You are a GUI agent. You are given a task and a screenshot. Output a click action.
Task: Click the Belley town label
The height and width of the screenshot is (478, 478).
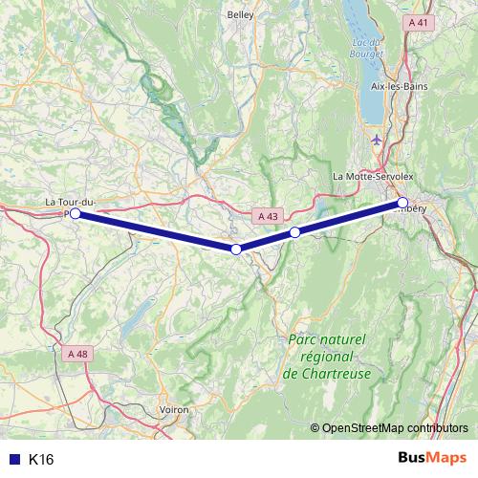[x=240, y=14]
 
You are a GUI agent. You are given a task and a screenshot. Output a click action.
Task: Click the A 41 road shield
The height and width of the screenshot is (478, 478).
[x=416, y=21]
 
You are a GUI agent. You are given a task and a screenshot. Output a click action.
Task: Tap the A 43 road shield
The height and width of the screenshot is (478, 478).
[x=269, y=217]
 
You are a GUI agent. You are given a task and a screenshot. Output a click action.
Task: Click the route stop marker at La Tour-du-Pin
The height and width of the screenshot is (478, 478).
[x=75, y=214]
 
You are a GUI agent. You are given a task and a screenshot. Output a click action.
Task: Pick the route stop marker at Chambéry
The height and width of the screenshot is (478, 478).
[x=402, y=203]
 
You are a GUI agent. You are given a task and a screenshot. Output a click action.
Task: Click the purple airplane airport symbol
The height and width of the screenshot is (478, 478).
[x=375, y=141]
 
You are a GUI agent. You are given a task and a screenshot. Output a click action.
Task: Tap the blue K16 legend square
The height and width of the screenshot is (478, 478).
[x=13, y=460]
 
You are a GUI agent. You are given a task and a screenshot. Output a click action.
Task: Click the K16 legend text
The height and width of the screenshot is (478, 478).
[x=41, y=460]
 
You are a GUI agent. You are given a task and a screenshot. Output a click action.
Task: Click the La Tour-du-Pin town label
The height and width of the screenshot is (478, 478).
[x=70, y=202]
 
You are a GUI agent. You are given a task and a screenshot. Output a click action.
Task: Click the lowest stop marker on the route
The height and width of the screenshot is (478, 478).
[x=236, y=249]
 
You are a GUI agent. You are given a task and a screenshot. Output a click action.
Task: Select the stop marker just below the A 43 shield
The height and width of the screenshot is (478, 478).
[x=295, y=232]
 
